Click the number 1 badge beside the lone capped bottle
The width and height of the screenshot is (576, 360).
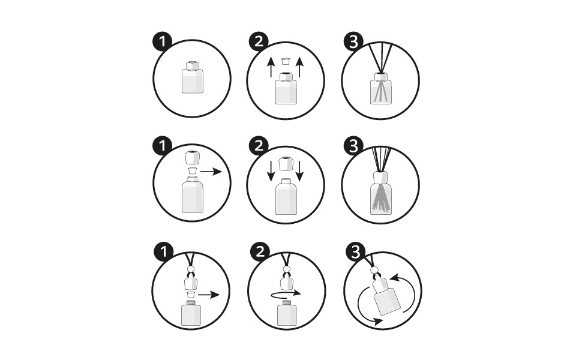coord(162,41)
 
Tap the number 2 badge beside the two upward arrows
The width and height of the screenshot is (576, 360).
coord(257,41)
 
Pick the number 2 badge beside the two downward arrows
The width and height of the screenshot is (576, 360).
coord(257,146)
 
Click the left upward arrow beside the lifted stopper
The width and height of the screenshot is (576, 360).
coord(271,67)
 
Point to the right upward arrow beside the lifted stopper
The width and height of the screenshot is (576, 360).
coord(300,67)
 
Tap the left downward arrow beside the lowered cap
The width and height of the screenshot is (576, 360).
coord(271,170)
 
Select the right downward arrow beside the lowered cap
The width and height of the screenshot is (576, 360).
coord(300,170)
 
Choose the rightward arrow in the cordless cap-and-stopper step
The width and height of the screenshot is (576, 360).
coord(211,172)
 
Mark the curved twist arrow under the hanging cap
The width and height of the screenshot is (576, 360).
coord(284,295)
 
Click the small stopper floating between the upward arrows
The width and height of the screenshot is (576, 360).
coord(286,61)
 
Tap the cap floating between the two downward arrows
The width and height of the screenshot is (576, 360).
coord(286,163)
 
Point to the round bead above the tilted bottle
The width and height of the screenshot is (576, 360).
coord(376,271)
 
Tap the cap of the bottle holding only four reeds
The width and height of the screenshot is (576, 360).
coord(380,76)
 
